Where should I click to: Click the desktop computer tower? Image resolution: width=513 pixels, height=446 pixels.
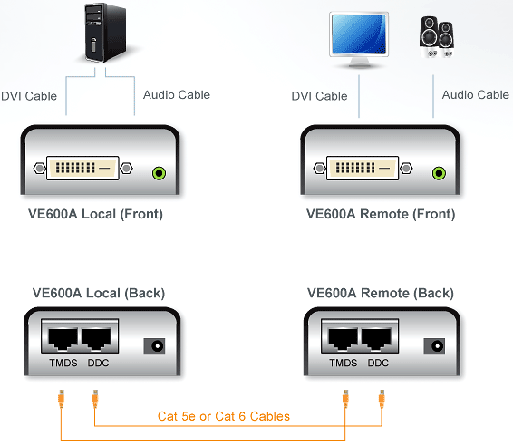(105, 32)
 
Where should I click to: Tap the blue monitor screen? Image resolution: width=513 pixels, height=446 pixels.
(359, 34)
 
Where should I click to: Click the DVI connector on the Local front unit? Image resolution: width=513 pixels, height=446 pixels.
(82, 169)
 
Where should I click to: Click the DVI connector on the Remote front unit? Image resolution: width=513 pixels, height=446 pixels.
(363, 169)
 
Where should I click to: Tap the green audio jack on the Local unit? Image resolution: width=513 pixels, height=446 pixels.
(159, 173)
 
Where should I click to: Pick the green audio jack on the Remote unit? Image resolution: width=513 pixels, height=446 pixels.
(439, 173)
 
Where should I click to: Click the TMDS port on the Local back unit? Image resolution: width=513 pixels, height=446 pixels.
(63, 339)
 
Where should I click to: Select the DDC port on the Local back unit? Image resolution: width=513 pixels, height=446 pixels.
(96, 339)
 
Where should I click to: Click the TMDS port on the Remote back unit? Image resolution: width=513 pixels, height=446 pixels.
(343, 339)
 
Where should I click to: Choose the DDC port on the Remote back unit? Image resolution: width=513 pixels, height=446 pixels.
(376, 339)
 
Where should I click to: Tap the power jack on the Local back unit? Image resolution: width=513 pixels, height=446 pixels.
(154, 346)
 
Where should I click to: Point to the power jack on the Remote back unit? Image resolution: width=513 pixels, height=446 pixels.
(434, 346)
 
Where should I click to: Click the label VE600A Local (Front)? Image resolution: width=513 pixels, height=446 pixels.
(95, 214)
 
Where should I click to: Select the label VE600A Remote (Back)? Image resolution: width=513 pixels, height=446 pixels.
(381, 293)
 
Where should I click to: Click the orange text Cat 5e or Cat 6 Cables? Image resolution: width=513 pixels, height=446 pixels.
(224, 416)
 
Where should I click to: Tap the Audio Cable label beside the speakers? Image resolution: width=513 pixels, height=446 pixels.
(476, 95)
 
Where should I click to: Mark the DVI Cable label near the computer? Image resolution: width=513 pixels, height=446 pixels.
(29, 96)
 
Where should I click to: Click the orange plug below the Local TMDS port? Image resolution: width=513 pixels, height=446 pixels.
(62, 399)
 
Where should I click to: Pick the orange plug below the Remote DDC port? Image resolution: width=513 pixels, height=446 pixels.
(382, 399)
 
